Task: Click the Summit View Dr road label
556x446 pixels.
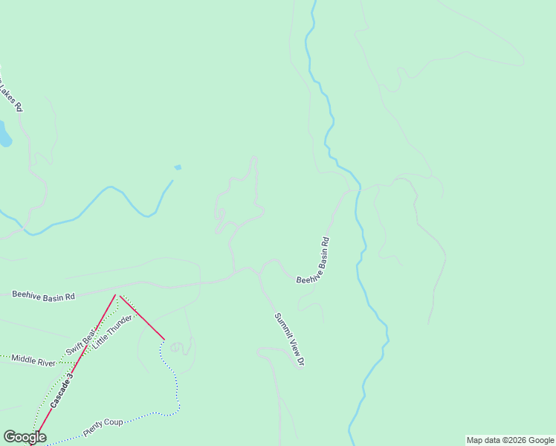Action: [290, 340]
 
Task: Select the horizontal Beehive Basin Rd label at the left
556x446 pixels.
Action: [43, 296]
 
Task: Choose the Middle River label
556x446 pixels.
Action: [33, 361]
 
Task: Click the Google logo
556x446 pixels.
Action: [25, 437]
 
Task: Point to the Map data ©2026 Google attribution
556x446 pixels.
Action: [511, 440]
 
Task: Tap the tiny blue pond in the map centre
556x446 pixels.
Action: [178, 167]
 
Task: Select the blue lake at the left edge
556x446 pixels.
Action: [4, 135]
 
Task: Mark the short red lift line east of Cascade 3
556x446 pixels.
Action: [142, 317]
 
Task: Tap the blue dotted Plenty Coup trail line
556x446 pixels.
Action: [177, 387]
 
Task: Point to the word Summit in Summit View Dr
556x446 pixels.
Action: [283, 326]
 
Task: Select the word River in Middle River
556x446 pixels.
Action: [46, 362]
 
